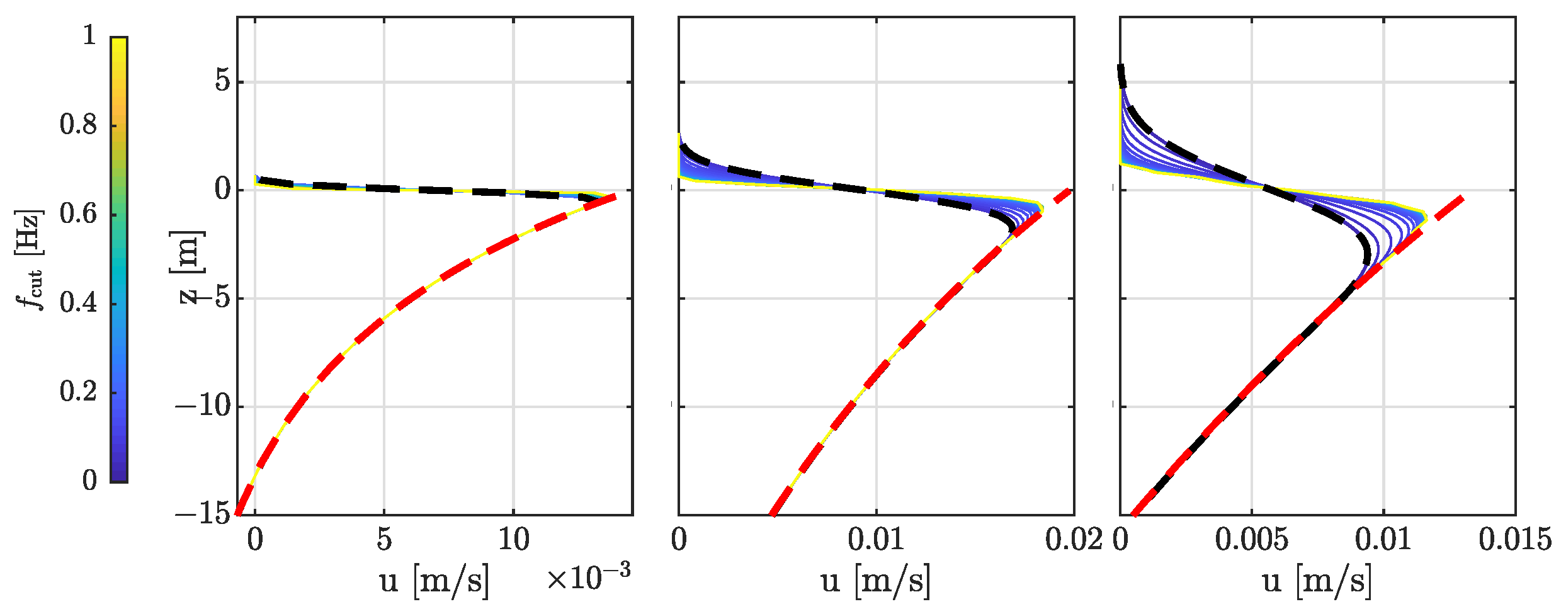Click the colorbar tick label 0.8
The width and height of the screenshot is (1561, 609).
click(78, 125)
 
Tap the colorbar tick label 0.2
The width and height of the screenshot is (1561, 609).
click(78, 392)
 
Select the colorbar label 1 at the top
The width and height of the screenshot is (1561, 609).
click(89, 35)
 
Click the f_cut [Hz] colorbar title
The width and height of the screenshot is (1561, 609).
click(30, 259)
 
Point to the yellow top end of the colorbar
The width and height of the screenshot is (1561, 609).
click(119, 41)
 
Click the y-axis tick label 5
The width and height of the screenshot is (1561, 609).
click(223, 81)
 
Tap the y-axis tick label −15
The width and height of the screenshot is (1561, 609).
click(203, 514)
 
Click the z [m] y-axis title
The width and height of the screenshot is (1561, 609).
click(188, 267)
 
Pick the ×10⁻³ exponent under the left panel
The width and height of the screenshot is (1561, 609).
click(588, 576)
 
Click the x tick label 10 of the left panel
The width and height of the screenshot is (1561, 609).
click(514, 540)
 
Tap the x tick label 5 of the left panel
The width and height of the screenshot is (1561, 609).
click(384, 540)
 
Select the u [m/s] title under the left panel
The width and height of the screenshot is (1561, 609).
click(434, 579)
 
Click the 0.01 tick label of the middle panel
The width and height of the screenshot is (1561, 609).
click(875, 540)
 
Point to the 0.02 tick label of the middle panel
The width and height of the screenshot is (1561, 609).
click(1073, 540)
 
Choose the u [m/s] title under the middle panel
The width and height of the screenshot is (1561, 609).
click(875, 579)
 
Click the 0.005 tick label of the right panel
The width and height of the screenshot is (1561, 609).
click(1251, 540)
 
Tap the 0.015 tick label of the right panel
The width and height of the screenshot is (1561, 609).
click(1514, 540)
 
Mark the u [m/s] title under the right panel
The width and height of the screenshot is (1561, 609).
click(1317, 579)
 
